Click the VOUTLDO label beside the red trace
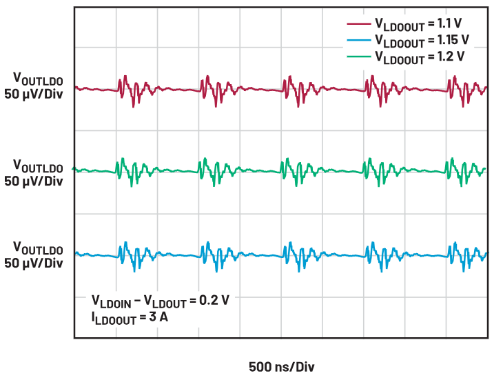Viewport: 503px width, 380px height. (x=38, y=79)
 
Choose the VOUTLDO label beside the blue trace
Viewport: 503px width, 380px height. (x=38, y=248)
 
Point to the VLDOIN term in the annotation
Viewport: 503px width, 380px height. (x=112, y=301)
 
